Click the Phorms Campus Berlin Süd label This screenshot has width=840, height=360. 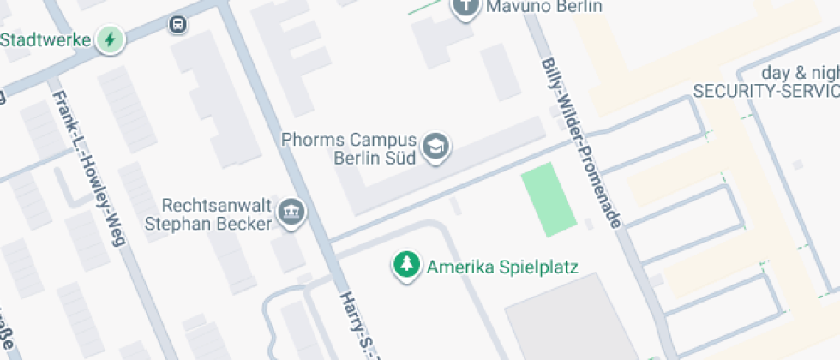click(x=361, y=148)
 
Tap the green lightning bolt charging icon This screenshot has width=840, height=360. click(x=110, y=39)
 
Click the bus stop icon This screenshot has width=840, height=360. click(x=178, y=24)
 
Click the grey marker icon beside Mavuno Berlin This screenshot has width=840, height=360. click(x=465, y=8)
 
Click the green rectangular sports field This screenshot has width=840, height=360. click(x=548, y=199)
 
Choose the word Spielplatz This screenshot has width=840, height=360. click(x=540, y=267)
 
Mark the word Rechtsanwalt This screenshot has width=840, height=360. click(x=218, y=206)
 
